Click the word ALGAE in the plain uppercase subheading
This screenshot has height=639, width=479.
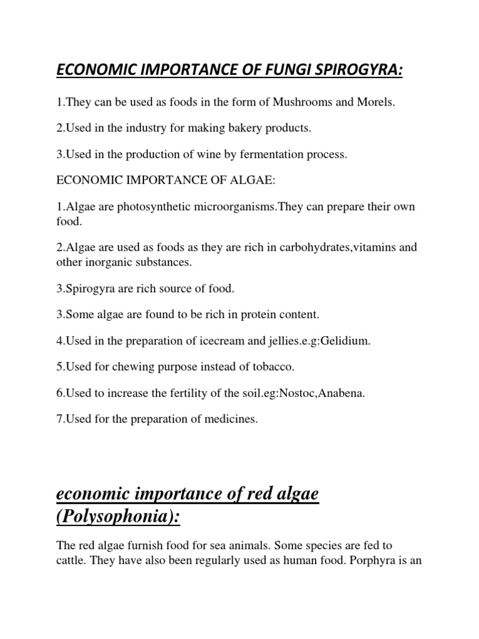coord(252,181)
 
